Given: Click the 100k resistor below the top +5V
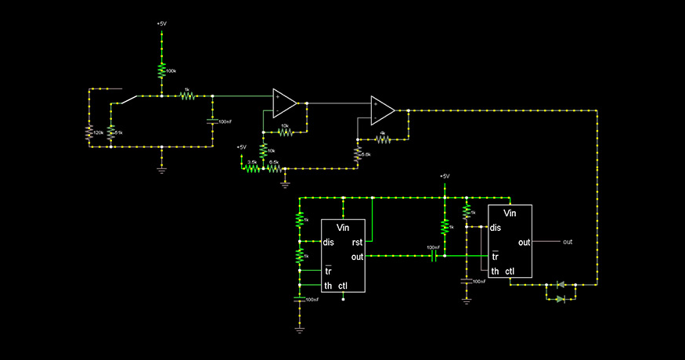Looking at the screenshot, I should click(161, 71).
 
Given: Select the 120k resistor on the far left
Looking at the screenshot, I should click(89, 133).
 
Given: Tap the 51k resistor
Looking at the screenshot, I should click(110, 133).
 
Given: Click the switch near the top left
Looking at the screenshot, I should click(130, 99).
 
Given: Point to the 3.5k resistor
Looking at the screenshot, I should click(252, 167).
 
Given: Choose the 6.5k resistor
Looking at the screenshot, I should click(273, 167).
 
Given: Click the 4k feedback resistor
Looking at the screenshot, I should click(383, 139).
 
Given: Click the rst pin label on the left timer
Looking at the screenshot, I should click(357, 242).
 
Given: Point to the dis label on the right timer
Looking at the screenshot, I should click(496, 228).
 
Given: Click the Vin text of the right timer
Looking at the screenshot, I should click(510, 213).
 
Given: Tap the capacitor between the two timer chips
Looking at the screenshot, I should click(433, 256).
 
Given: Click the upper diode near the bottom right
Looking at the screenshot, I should click(560, 285).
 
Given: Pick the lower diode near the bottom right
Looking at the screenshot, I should click(560, 299).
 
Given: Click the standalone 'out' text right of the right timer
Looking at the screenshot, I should click(568, 242).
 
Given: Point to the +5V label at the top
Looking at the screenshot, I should click(161, 24).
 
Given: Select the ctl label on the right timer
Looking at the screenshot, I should click(510, 272).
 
